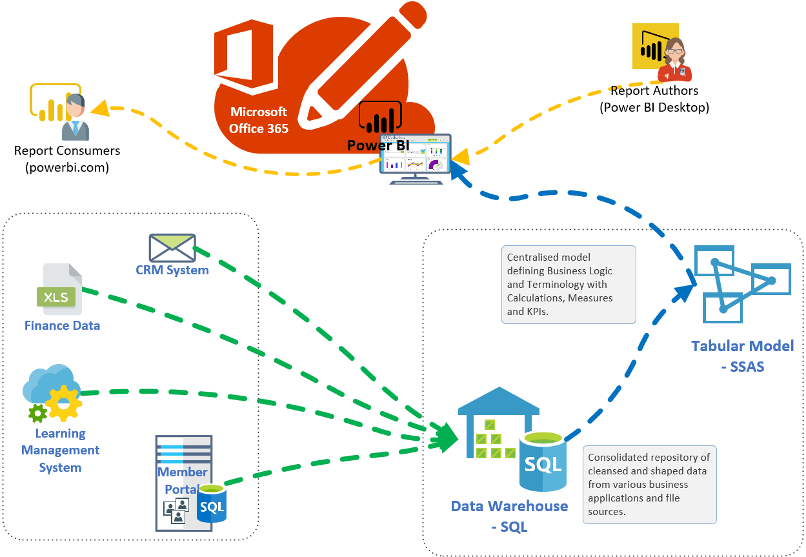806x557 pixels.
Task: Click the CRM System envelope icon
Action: point(172,247)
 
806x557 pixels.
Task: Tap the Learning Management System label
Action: point(60,451)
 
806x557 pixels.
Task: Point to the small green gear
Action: point(37,412)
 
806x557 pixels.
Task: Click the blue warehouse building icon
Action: point(498,422)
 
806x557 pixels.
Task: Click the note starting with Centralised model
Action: point(569,284)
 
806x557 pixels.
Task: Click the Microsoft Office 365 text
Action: point(259,120)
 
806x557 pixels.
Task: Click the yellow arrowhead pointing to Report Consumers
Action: point(100,108)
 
